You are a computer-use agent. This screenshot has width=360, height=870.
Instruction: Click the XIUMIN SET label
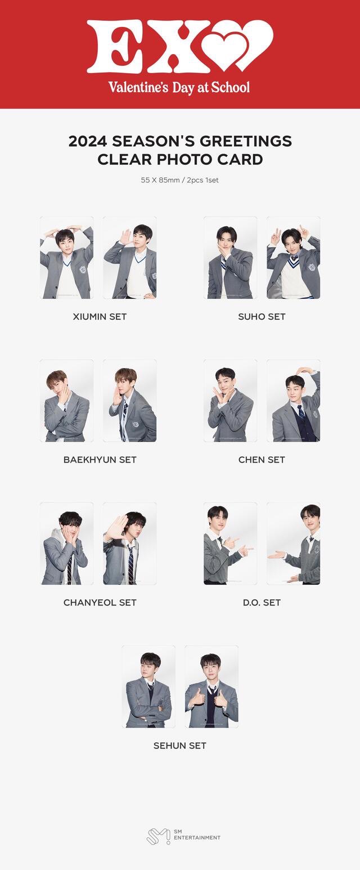pyautogui.click(x=100, y=316)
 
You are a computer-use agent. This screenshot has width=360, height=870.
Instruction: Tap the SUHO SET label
pyautogui.click(x=262, y=316)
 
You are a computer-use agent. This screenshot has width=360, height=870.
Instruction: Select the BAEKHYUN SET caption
pyautogui.click(x=100, y=459)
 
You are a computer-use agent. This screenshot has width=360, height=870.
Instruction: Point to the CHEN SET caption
pyautogui.click(x=262, y=459)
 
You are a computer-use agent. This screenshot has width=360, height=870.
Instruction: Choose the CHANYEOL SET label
pyautogui.click(x=100, y=602)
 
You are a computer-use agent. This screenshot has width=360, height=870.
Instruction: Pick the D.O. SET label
pyautogui.click(x=262, y=602)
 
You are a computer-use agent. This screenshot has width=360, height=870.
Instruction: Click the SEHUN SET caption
pyautogui.click(x=180, y=745)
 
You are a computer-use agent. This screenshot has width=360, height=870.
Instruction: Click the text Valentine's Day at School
pyautogui.click(x=179, y=87)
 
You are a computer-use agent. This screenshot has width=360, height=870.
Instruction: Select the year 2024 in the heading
pyautogui.click(x=88, y=141)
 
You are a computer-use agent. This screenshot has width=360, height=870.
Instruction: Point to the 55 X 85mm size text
pyautogui.click(x=160, y=180)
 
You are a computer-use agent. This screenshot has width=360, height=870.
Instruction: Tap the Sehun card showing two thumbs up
pyautogui.click(x=211, y=687)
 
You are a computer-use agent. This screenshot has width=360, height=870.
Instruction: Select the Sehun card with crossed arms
pyautogui.click(x=148, y=687)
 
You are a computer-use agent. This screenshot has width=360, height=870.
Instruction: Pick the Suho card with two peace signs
pyautogui.click(x=294, y=258)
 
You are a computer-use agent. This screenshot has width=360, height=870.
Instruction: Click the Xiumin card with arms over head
pyautogui.click(x=67, y=258)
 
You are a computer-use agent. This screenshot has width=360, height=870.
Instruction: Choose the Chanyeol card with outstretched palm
pyautogui.click(x=130, y=544)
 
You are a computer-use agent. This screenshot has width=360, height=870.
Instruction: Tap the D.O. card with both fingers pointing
pyautogui.click(x=231, y=544)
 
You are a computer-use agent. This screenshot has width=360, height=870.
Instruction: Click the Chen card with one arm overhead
pyautogui.click(x=294, y=401)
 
